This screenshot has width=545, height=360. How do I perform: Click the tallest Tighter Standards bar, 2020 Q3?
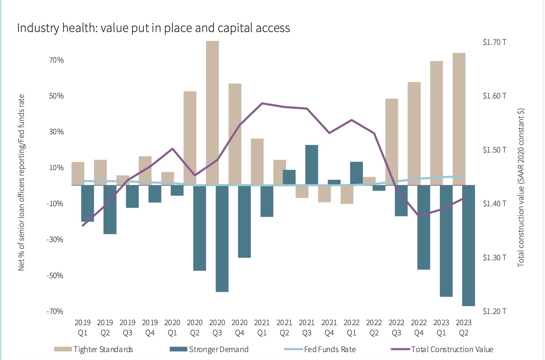point(212,112)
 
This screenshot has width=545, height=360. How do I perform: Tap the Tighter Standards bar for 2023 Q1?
point(436,123)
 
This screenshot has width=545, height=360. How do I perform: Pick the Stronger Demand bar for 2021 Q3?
point(311,165)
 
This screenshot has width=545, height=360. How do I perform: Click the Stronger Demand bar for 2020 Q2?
point(200,228)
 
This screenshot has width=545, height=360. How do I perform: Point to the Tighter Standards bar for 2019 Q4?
point(145,170)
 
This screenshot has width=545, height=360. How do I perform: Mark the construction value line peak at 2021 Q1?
point(262,104)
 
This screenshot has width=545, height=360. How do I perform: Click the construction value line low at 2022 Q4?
point(419,216)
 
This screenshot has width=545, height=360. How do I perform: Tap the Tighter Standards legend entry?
point(94,349)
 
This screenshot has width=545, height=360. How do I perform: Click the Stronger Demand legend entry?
point(209,349)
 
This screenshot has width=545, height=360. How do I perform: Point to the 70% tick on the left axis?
point(56,60)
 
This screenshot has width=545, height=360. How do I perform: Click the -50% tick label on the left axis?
point(55,276)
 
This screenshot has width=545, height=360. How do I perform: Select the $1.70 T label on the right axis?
point(494,42)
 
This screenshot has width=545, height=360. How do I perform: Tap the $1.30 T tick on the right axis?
point(494,258)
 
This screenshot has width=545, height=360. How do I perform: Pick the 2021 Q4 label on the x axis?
point(329,328)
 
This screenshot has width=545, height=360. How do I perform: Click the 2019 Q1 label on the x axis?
point(83,328)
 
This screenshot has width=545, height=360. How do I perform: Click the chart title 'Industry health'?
point(153,28)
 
